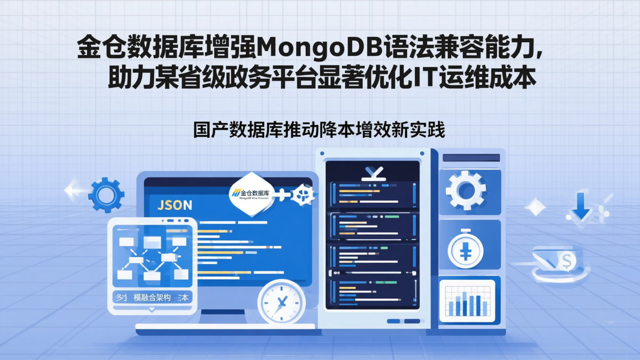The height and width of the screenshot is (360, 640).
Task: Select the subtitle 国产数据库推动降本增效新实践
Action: click(319, 130)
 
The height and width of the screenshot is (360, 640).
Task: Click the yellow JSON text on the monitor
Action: click(175, 205)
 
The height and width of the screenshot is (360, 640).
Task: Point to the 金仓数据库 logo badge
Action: click(251, 194)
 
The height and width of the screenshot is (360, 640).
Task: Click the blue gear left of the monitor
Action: click(106, 195)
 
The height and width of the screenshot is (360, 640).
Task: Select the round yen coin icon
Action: click(465, 251)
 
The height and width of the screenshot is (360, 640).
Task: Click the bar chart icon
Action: click(467, 300)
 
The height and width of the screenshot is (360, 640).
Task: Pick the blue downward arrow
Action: click(580, 206)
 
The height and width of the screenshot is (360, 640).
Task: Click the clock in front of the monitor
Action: click(281, 304)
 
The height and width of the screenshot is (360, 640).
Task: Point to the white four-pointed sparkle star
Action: click(535, 207)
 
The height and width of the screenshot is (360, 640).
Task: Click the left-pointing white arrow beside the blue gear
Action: click(73, 190)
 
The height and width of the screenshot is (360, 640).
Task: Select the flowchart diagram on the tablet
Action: click(152, 257)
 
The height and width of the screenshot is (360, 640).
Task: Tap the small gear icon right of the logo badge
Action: click(304, 194)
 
